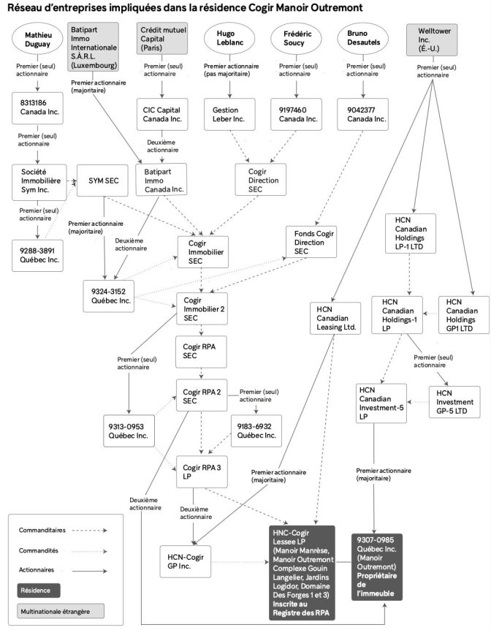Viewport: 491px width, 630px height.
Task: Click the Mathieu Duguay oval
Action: pyautogui.click(x=38, y=39)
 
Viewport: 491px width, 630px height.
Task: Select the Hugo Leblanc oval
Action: pyautogui.click(x=230, y=38)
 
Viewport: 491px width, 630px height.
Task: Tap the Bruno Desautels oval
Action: pyautogui.click(x=363, y=38)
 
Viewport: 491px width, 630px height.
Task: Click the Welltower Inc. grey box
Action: pyautogui.click(x=432, y=39)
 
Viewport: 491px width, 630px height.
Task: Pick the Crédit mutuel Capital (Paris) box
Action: pyautogui.click(x=162, y=38)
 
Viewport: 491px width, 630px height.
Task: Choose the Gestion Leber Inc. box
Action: pyautogui.click(x=229, y=115)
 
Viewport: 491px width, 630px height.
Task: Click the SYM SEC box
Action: pyautogui.click(x=102, y=181)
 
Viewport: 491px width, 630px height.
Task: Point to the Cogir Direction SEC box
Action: pyautogui.click(x=261, y=180)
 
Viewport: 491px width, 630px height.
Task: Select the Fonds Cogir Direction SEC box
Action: pyautogui.click(x=311, y=242)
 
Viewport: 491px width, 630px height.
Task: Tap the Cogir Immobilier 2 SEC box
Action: pyautogui.click(x=202, y=308)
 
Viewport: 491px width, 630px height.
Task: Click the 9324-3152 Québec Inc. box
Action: pyautogui.click(x=108, y=296)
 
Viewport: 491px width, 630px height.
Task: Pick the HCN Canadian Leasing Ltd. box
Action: pyautogui.click(x=335, y=318)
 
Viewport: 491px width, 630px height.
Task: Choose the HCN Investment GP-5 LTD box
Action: pyautogui.click(x=454, y=402)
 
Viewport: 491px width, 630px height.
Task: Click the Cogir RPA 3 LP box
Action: pyautogui.click(x=202, y=471)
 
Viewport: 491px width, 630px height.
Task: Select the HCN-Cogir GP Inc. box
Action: pyautogui.click(x=186, y=562)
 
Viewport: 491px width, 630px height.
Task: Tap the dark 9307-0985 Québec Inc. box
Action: pyautogui.click(x=377, y=567)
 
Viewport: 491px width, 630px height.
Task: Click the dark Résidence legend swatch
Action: pyautogui.click(x=39, y=591)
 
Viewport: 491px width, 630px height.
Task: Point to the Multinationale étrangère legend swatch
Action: pyautogui.click(x=60, y=611)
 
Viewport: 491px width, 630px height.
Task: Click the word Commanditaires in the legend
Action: pyautogui.click(x=42, y=530)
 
